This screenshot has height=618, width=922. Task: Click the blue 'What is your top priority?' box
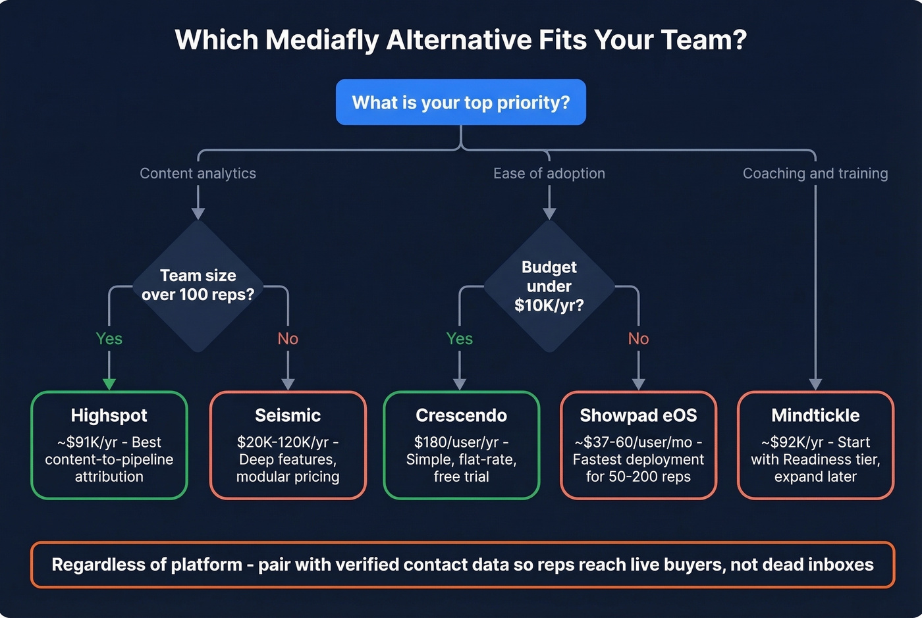pos(460,102)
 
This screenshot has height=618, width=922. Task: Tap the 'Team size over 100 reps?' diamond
pos(198,285)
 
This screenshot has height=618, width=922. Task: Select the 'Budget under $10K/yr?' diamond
pos(549,286)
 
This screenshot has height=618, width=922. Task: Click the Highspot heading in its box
pos(109,415)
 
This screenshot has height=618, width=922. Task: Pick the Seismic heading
pos(288,415)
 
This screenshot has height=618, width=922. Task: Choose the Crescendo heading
pos(461,415)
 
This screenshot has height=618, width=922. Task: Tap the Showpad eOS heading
pos(637,415)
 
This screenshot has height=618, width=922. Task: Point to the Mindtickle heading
pos(815,415)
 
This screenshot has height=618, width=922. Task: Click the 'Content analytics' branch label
pos(198,173)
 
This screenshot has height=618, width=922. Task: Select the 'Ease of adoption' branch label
pos(549,173)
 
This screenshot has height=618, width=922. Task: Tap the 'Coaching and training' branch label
pos(815,173)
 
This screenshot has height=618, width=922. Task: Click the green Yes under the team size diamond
pos(109,338)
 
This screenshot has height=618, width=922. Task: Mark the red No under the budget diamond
pos(638,338)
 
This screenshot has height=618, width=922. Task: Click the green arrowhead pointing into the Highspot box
pos(109,384)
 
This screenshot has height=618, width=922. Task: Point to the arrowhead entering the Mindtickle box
pos(815,384)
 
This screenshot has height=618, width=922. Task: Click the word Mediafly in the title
pos(323,39)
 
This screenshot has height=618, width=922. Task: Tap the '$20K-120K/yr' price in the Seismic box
pos(283,442)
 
